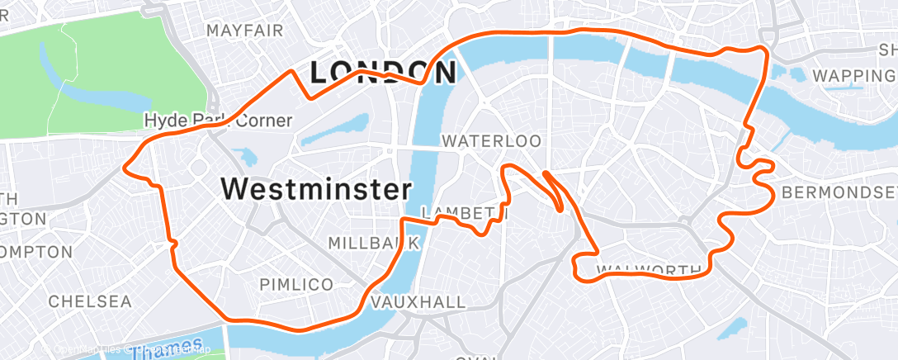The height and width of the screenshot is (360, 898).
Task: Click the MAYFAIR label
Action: [x=245, y=31]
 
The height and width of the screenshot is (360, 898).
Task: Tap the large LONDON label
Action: [x=382, y=73]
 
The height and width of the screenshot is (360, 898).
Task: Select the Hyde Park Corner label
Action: [x=218, y=121]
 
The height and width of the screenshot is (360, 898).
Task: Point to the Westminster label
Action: [x=316, y=189]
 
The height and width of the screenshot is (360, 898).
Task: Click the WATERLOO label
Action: [x=491, y=141]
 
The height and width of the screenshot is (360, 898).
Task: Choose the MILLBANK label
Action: [x=374, y=243]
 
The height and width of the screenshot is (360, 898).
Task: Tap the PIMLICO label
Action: [x=296, y=284]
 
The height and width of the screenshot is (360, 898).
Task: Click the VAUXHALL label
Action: [x=418, y=302]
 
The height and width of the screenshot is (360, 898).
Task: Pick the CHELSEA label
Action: [x=90, y=301]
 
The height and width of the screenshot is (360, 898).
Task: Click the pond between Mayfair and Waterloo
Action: [x=347, y=126]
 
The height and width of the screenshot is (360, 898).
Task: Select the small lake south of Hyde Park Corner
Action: [x=245, y=156]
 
